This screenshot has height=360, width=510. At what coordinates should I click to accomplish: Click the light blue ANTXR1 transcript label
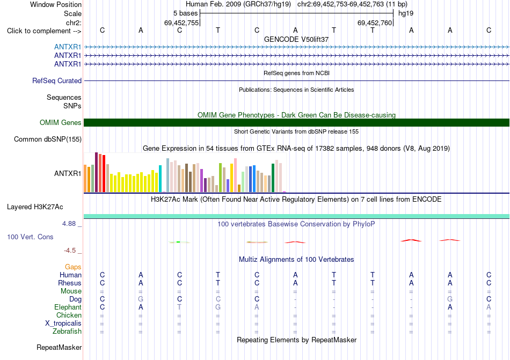point(68,47)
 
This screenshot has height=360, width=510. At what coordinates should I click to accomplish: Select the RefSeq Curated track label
point(57,80)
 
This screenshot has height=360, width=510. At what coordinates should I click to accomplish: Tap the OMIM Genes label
point(61,122)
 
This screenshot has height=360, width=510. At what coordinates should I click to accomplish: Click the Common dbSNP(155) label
point(48,139)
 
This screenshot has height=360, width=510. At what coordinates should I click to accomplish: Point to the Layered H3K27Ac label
point(35,207)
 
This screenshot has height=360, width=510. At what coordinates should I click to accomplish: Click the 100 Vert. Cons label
point(30,237)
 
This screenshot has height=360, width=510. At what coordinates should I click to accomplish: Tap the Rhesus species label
point(70,283)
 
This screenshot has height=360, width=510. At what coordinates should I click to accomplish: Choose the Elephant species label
point(68,307)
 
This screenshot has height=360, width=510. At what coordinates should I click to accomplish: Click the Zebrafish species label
point(67,332)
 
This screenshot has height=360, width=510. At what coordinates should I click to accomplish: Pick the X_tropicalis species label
point(63,324)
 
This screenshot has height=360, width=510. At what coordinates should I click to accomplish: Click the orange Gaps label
point(73,267)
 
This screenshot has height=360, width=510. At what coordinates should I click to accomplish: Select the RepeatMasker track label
point(59,348)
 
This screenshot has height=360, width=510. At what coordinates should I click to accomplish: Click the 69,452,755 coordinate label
point(181,23)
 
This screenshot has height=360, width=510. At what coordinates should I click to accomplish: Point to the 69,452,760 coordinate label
point(374,23)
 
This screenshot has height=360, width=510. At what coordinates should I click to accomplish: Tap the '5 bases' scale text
point(185,13)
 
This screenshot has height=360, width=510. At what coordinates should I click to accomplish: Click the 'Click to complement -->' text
point(44,31)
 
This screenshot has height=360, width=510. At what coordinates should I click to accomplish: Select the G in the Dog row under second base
point(141,299)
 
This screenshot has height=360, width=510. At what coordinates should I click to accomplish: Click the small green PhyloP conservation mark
point(178,242)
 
